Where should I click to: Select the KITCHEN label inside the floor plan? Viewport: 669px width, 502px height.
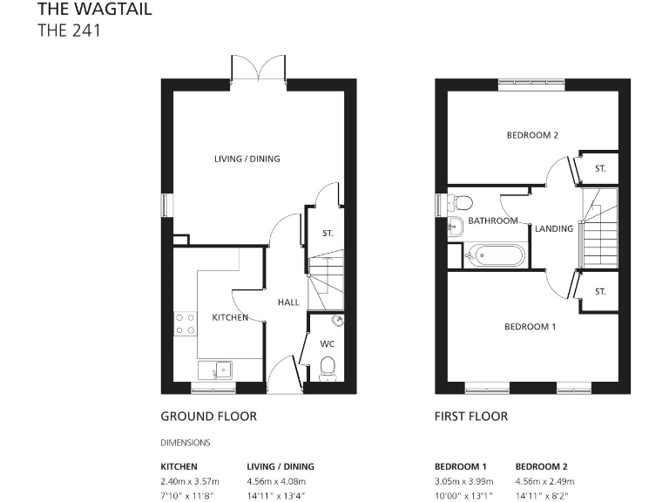(x=230, y=317)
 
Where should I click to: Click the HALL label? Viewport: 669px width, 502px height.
(x=288, y=302)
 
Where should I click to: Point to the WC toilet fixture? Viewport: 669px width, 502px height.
(x=328, y=372)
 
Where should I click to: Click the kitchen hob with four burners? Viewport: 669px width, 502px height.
(x=185, y=324)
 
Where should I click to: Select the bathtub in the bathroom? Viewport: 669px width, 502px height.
(x=495, y=255)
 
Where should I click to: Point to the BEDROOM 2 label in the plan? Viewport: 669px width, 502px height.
(x=531, y=135)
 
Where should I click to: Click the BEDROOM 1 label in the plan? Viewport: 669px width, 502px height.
(x=530, y=327)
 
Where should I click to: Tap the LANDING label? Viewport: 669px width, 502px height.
(x=554, y=228)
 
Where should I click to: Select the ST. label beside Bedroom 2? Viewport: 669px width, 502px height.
(x=600, y=169)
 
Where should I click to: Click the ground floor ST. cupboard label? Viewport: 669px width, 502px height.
(x=328, y=234)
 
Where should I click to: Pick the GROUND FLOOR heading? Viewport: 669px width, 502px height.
(x=208, y=417)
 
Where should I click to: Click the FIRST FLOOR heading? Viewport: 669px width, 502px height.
(x=470, y=417)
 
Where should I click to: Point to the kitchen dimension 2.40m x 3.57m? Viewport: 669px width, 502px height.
(x=190, y=481)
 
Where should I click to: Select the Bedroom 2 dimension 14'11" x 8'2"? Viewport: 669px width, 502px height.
(x=544, y=495)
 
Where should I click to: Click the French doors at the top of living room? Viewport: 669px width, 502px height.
(x=259, y=69)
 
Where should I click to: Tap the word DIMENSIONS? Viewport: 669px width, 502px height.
(x=185, y=443)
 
